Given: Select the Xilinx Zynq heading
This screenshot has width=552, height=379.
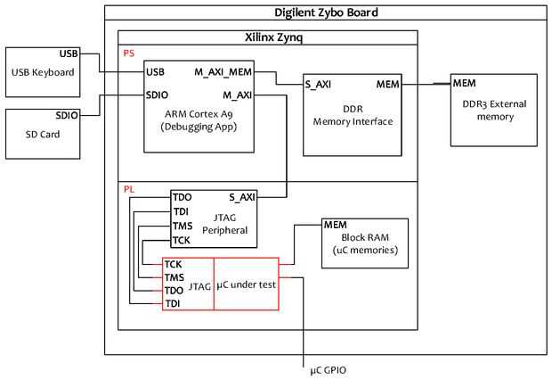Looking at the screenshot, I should [x=268, y=38].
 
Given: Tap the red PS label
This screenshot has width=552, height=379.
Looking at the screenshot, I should [x=129, y=53].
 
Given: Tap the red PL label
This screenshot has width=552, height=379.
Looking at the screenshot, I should [x=129, y=189].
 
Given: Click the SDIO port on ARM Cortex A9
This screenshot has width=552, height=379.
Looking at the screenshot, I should [x=158, y=95].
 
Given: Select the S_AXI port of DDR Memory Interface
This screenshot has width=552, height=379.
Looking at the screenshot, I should [x=318, y=85].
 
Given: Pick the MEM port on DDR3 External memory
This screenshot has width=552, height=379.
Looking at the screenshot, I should [x=464, y=84].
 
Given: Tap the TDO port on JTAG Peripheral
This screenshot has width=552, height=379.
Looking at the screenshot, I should [x=183, y=197].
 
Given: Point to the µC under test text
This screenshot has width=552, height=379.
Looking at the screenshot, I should [x=247, y=284].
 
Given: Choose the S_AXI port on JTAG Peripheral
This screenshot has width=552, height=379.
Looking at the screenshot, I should [x=243, y=197].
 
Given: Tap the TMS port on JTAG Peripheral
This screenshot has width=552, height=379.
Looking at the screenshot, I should [x=183, y=227].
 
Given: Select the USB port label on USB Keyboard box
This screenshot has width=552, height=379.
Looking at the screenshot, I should [x=69, y=54].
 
